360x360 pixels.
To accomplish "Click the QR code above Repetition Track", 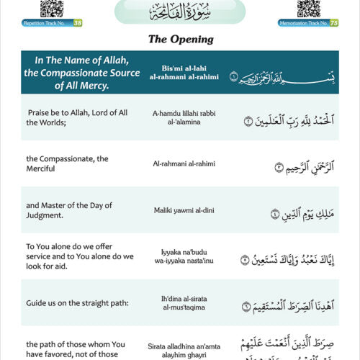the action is click(52, 9).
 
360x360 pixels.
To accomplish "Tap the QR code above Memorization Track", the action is click(308, 9).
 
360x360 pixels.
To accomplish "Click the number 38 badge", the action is click(78, 23).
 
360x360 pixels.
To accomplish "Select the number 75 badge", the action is click(334, 23).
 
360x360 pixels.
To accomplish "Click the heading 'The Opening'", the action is click(181, 39).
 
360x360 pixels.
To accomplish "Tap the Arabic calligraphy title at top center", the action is click(180, 12).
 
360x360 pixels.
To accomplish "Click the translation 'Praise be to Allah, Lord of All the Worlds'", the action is click(68, 117).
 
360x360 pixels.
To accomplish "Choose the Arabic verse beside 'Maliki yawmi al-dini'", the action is click(284, 212).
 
